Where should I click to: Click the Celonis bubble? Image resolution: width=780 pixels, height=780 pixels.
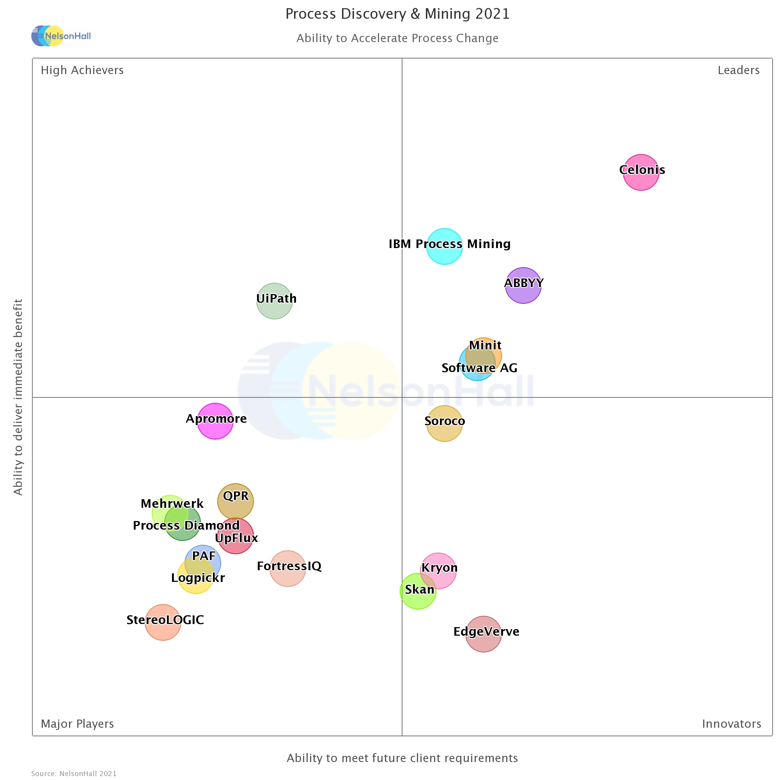click(641, 172)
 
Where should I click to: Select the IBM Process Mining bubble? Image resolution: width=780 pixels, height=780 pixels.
click(444, 246)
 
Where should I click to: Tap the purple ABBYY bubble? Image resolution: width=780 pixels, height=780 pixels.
click(523, 285)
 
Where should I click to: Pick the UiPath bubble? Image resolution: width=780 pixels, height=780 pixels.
click(275, 301)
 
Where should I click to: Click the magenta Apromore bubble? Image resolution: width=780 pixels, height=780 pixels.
click(215, 421)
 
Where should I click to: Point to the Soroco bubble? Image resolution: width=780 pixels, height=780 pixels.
click(444, 424)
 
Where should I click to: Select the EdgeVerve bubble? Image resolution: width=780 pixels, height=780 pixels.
click(483, 634)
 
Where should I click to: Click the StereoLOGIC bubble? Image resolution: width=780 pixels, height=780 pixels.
click(163, 622)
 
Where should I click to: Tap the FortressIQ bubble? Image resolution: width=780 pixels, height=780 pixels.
click(287, 569)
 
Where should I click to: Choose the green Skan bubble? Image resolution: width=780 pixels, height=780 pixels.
click(418, 591)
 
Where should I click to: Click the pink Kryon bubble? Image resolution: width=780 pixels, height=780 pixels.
click(438, 571)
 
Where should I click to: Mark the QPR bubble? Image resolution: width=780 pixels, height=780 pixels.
click(236, 502)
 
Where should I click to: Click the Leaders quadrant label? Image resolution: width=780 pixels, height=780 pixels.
click(738, 70)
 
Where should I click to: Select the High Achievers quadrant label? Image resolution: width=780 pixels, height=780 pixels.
click(82, 70)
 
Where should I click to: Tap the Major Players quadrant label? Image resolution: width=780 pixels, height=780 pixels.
click(78, 723)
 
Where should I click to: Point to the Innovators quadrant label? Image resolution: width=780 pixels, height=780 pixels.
click(731, 723)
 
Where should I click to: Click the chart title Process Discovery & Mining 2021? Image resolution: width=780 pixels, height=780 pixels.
click(397, 14)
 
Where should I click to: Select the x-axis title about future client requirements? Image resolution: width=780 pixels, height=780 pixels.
click(402, 758)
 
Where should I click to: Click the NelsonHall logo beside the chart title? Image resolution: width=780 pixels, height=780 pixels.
click(61, 36)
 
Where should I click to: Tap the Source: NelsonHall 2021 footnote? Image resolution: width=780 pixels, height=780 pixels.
click(74, 773)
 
